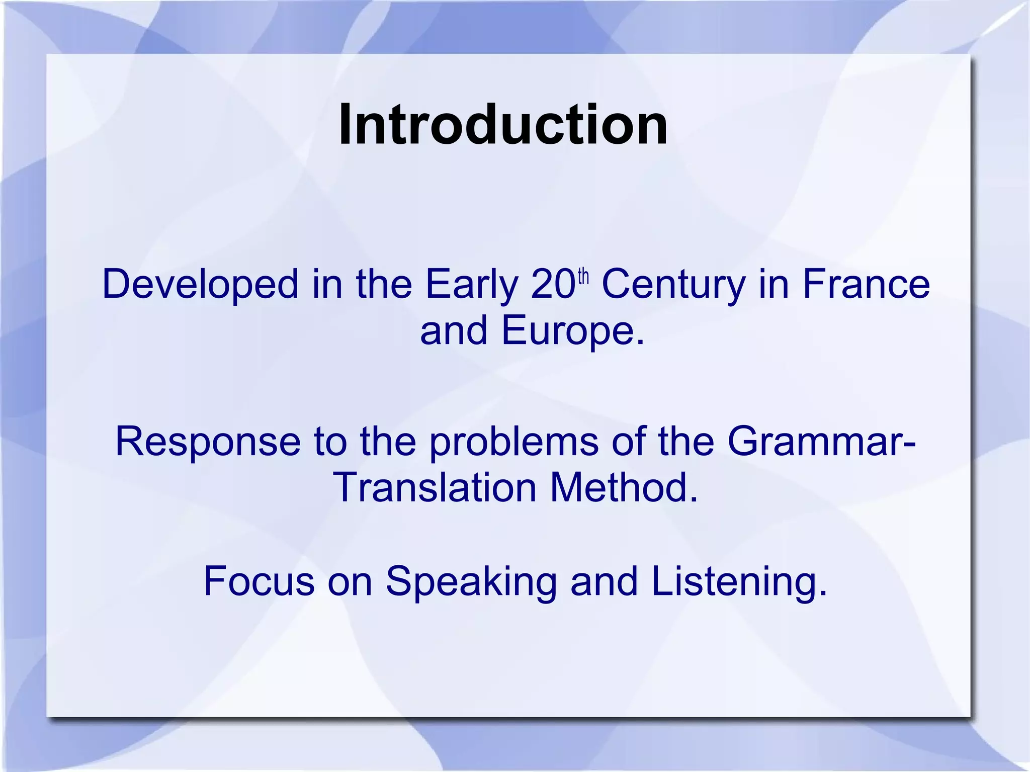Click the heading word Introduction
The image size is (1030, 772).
(503, 125)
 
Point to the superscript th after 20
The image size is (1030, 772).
(583, 277)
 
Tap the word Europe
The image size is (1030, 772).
(572, 331)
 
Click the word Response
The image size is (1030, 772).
(208, 442)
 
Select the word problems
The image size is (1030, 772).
(514, 442)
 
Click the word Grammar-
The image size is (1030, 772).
(821, 442)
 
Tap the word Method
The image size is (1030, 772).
(624, 488)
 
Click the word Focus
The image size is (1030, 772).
(259, 581)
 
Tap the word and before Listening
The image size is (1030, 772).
(604, 581)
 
